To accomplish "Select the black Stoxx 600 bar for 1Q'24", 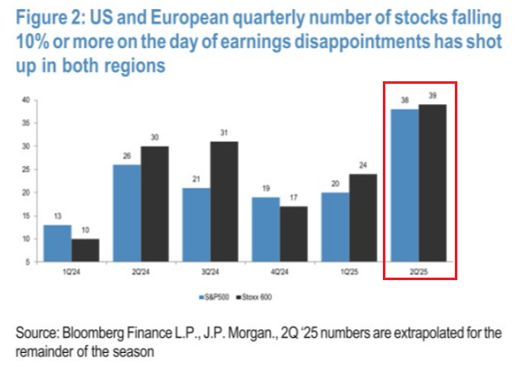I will (84, 251).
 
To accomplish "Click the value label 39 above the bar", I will (434, 96).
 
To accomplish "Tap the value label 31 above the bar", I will (224, 134).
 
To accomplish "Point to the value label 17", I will (294, 199).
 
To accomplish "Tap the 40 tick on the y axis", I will (26, 100).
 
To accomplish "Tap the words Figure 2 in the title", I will (55, 18).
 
